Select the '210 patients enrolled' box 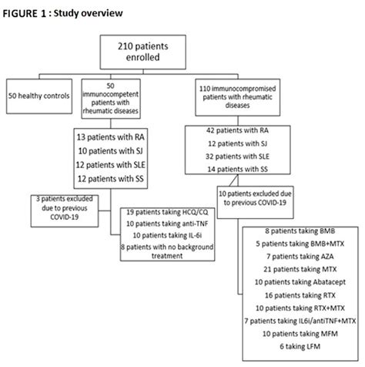[x=182, y=52]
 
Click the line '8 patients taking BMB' [x=299, y=231]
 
